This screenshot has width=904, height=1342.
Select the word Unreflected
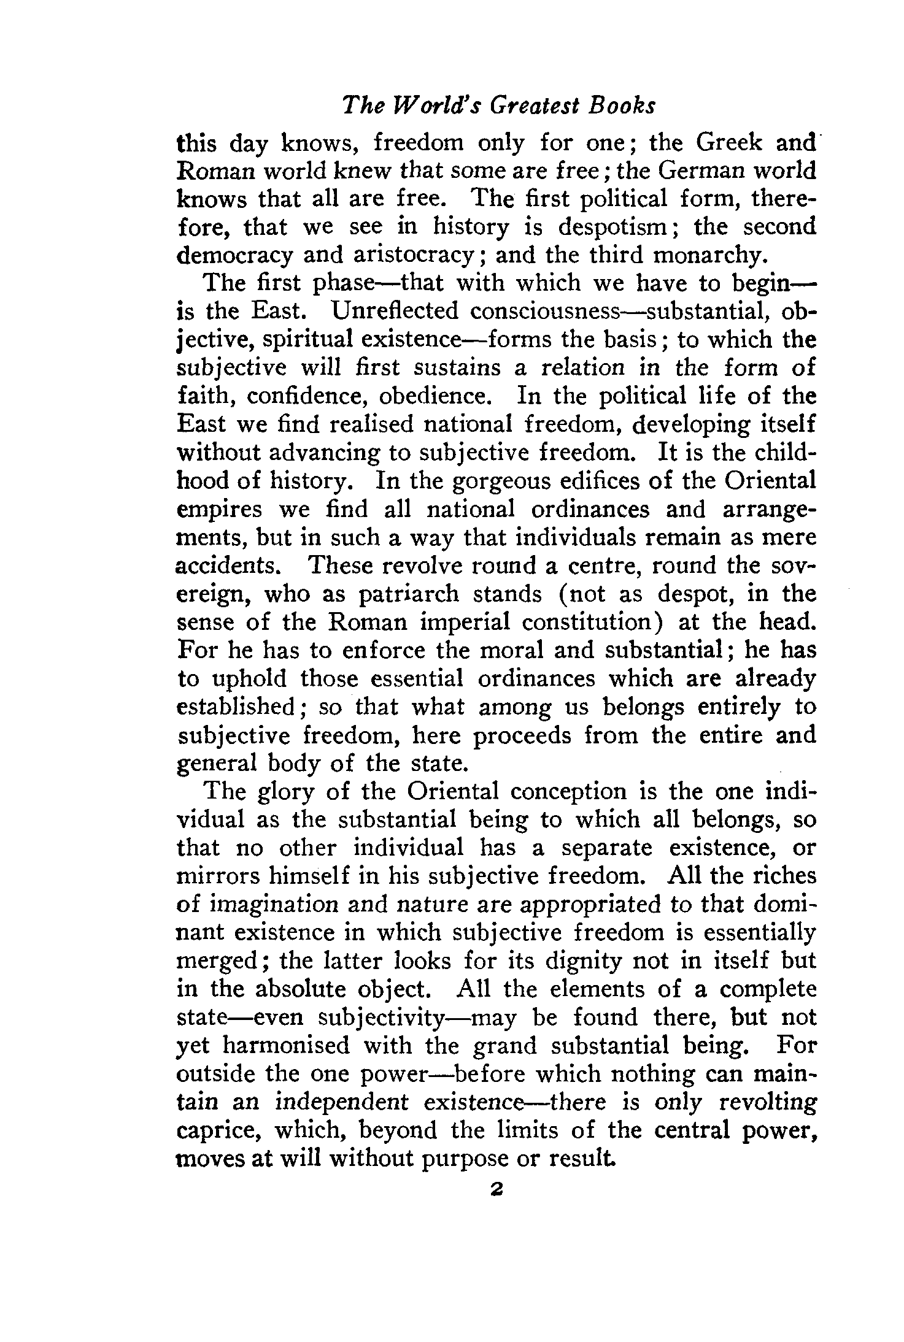click(395, 312)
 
